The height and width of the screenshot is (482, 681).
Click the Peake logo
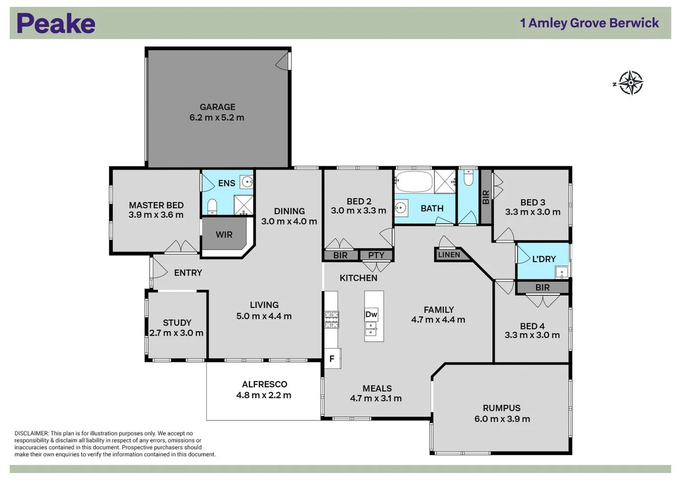pos(56,24)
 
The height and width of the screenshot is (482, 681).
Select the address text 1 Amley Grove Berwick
pos(589,23)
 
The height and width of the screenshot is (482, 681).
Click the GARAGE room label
pos(217,107)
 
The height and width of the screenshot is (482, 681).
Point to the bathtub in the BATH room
pos(414,182)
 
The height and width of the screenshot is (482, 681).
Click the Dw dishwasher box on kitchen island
pos(371,314)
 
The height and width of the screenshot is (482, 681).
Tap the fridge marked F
pos(332,358)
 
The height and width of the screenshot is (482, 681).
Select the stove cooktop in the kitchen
pos(331,320)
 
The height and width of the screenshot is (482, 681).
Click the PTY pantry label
pos(376,255)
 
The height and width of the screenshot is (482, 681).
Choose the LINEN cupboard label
pos(449,255)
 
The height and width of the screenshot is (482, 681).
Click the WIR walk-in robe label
pos(224,235)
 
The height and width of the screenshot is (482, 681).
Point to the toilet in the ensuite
pos(212,206)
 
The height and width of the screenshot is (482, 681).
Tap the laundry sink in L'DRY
pos(561,271)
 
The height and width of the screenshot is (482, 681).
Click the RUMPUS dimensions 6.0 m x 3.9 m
pos(502,419)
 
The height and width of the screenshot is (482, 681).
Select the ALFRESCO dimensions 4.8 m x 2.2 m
pos(264,395)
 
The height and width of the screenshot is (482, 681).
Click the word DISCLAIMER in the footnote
pos(31,433)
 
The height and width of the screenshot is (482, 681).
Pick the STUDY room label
pos(177,323)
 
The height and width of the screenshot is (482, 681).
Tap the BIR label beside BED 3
pos(486,197)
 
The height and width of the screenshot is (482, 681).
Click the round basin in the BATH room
pos(401,208)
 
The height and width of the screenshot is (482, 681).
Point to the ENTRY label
pos(188,273)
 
